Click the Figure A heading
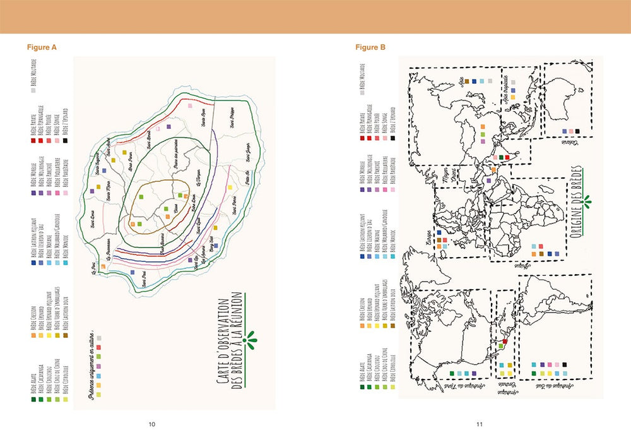coord(42,47)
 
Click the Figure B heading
coord(370,47)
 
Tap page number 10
coord(151,424)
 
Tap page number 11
coord(480,424)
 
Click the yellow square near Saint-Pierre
coord(215,227)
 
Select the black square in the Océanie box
coord(586,131)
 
